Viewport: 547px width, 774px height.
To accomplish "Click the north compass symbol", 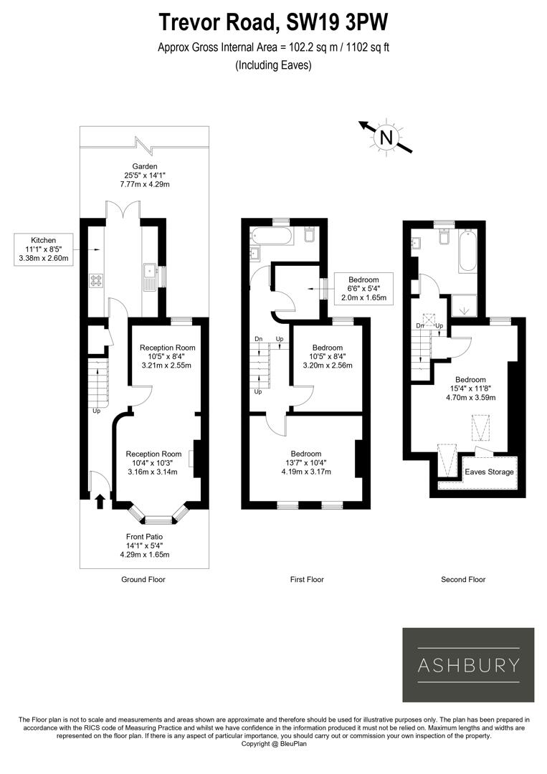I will click(386, 136).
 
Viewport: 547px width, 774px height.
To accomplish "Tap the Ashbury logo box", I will click(468, 664).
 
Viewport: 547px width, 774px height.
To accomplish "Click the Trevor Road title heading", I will click(273, 21).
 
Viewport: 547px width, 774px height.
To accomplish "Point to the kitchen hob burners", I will click(95, 280).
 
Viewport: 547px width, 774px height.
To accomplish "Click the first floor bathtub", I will click(272, 235).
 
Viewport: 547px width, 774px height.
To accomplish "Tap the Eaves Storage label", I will click(489, 472).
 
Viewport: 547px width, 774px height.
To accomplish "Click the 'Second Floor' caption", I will click(462, 579).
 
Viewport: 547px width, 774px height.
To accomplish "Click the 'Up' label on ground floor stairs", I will click(96, 411).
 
